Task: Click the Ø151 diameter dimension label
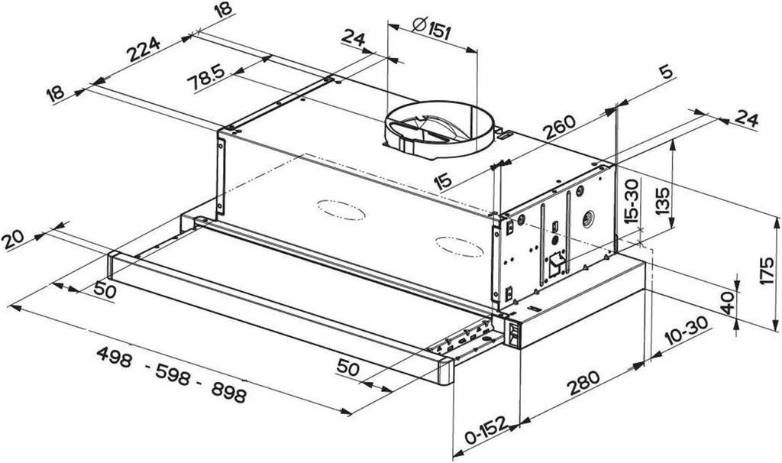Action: click(x=432, y=28)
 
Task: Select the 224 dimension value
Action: click(x=144, y=49)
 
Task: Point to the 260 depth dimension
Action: click(x=560, y=128)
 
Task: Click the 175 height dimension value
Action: click(x=768, y=270)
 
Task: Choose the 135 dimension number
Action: click(x=663, y=199)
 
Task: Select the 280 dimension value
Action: click(x=583, y=383)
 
